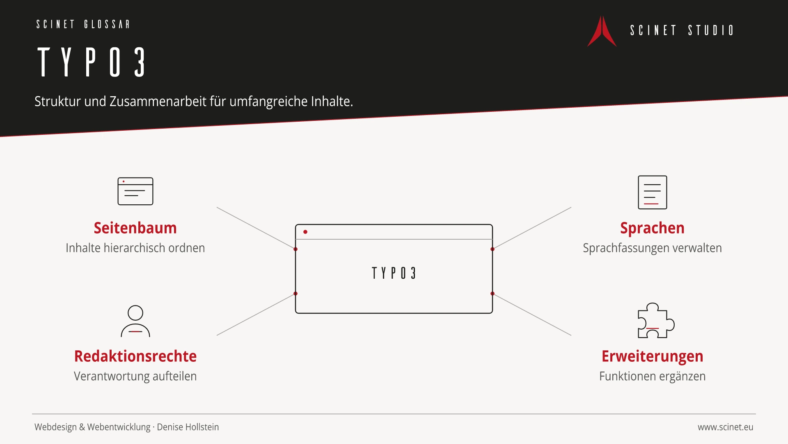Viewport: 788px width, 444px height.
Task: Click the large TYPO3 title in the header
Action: (92, 62)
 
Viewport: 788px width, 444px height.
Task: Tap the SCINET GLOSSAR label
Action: (83, 24)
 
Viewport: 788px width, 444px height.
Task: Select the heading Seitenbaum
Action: (135, 228)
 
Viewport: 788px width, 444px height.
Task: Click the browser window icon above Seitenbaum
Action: (135, 191)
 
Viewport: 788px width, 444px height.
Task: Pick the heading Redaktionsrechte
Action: (135, 356)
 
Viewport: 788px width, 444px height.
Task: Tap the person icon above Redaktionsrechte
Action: (135, 321)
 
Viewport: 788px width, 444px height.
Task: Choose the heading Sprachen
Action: (652, 228)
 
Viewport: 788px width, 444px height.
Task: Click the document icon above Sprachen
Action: (653, 192)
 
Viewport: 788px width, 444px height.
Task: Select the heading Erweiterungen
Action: (653, 356)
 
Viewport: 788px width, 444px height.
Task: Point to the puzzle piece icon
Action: (656, 321)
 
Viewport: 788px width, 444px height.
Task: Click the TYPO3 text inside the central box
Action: (394, 273)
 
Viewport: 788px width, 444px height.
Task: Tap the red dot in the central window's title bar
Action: (305, 232)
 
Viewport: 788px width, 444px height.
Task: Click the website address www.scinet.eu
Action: (726, 427)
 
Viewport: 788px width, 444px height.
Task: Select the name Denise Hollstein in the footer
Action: (188, 427)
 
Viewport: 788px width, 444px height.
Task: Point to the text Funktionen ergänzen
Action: (653, 376)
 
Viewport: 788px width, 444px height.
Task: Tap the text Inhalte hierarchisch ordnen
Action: (135, 248)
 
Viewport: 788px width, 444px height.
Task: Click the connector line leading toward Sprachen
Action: (532, 228)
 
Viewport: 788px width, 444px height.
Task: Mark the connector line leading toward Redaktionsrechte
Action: (256, 314)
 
